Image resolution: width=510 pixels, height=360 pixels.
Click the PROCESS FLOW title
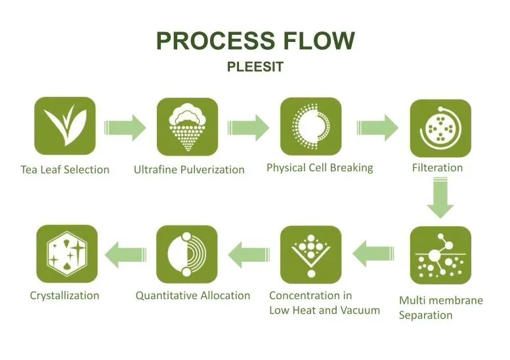(x=255, y=41)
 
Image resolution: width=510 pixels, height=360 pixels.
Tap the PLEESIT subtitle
(x=255, y=67)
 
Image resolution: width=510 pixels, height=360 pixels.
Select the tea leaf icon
(x=65, y=125)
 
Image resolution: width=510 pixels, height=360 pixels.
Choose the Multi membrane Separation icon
(x=440, y=255)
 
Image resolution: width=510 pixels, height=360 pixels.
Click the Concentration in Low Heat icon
(x=310, y=254)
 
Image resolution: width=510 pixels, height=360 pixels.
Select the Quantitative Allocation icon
(x=186, y=254)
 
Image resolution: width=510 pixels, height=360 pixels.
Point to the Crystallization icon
(x=67, y=254)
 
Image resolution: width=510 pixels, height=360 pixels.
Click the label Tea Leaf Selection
(x=65, y=170)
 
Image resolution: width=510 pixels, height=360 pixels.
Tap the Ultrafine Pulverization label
(x=189, y=170)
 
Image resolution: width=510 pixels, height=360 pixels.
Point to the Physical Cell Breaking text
(x=320, y=168)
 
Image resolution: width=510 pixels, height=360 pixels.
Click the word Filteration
(x=438, y=168)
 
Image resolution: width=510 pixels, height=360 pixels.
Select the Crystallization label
(x=64, y=296)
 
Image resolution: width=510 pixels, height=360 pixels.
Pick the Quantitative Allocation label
(x=193, y=296)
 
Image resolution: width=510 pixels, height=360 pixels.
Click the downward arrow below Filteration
(x=440, y=199)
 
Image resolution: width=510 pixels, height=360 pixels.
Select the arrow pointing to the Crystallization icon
(x=125, y=254)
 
